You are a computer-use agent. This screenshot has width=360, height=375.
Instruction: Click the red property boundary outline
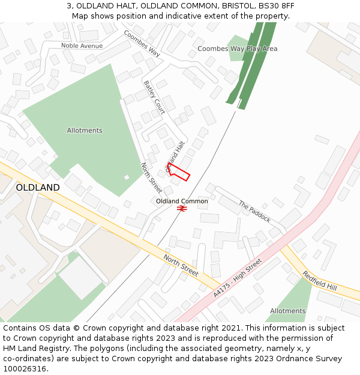[179, 172]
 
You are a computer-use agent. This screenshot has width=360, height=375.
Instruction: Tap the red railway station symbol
[182, 208]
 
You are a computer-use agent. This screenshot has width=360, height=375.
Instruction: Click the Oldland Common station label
[182, 201]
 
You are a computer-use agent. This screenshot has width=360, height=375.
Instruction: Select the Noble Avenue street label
[82, 46]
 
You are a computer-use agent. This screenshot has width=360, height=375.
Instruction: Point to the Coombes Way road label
[142, 43]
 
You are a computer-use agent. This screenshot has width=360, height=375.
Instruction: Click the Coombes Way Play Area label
[237, 49]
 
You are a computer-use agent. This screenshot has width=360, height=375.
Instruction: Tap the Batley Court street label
[154, 97]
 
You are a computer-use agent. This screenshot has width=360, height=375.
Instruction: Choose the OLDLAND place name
[38, 188]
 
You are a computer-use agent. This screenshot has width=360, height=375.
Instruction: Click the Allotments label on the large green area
[85, 130]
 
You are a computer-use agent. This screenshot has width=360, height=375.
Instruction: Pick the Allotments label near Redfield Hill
[287, 311]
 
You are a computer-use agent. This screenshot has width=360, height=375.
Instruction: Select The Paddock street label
[255, 211]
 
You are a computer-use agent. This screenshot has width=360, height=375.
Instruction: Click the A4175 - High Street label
[238, 278]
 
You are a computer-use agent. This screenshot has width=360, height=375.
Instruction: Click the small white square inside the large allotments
[127, 177]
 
